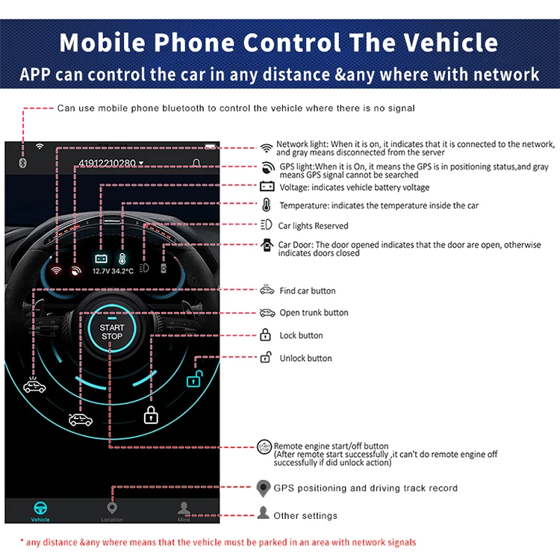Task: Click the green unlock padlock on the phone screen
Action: click(x=194, y=379)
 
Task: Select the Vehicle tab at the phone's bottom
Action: click(x=40, y=511)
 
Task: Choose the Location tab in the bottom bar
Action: click(x=112, y=511)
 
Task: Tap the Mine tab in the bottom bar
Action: click(x=184, y=511)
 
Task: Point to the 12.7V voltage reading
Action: click(x=101, y=272)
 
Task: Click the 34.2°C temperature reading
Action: click(x=122, y=272)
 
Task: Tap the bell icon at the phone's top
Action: click(x=197, y=163)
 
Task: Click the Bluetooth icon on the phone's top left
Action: click(x=23, y=163)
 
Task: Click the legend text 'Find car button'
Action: click(x=307, y=291)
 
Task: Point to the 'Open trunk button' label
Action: click(x=314, y=313)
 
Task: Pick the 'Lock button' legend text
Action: click(x=301, y=336)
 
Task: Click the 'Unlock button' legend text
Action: click(x=305, y=358)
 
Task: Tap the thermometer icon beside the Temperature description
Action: click(x=267, y=205)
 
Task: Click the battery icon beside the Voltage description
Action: click(x=267, y=187)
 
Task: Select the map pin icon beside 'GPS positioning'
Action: click(x=263, y=488)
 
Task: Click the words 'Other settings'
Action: click(x=305, y=516)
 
